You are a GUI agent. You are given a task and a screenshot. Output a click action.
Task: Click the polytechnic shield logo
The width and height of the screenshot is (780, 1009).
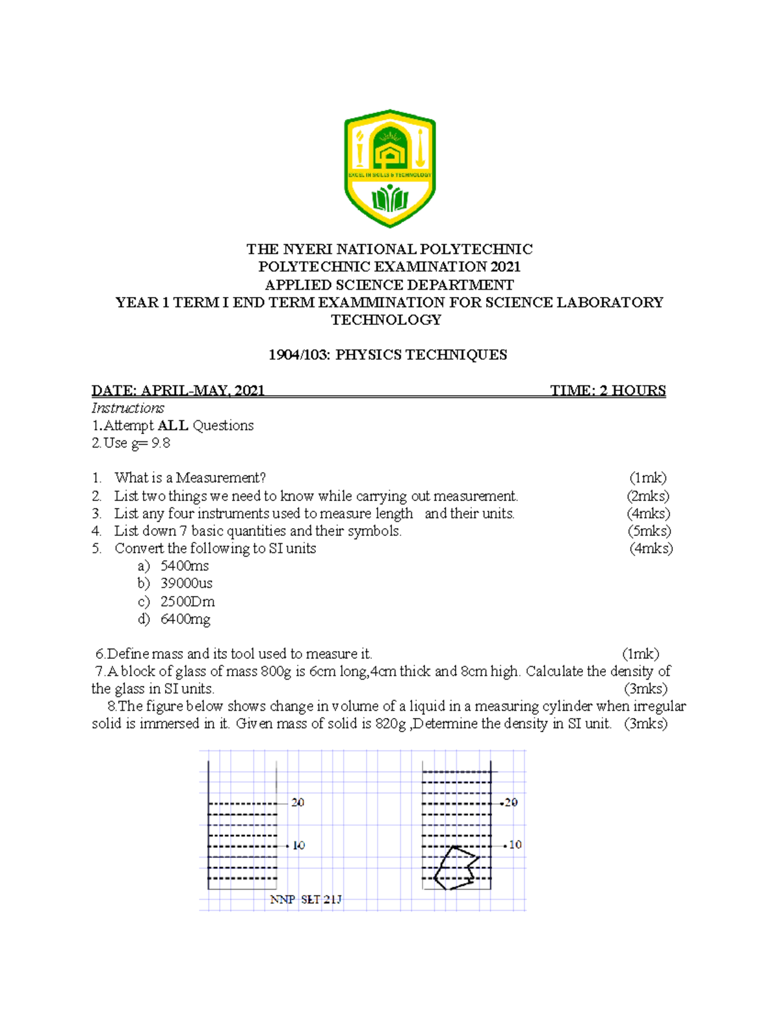(x=389, y=168)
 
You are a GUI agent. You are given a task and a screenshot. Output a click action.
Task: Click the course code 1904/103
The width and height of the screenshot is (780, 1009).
(x=299, y=355)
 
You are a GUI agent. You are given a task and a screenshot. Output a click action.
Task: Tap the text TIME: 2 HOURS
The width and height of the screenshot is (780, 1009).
(x=608, y=390)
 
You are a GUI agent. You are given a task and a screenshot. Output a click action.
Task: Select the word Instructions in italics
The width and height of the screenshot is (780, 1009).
(x=127, y=408)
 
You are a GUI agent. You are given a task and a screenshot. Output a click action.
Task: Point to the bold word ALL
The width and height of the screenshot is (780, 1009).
(x=173, y=426)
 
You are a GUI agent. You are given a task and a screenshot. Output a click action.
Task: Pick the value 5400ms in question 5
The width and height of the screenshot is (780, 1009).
(x=185, y=566)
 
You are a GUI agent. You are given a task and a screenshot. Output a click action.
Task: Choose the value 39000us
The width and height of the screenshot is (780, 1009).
(x=187, y=583)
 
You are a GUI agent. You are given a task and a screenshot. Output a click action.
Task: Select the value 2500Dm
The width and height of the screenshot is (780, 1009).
(x=187, y=602)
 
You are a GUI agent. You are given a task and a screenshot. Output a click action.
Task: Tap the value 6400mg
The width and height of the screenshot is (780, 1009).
(x=185, y=619)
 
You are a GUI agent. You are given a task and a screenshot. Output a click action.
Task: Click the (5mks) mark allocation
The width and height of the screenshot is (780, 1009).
(x=649, y=531)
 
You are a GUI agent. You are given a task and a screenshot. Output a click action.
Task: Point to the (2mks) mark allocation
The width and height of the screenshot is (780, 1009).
(x=648, y=496)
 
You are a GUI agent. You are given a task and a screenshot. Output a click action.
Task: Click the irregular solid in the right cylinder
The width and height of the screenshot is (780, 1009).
(x=456, y=868)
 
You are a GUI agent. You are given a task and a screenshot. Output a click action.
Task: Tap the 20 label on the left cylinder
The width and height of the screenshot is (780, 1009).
(x=298, y=803)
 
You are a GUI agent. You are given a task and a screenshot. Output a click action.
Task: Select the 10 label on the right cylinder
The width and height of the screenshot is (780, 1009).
(x=515, y=845)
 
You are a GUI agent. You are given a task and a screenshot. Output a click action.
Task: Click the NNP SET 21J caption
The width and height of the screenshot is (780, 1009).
(x=305, y=900)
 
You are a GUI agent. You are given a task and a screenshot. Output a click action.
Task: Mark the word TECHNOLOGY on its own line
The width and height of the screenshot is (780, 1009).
(x=386, y=320)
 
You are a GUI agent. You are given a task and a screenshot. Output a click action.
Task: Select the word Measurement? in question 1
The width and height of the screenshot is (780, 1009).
(x=221, y=478)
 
